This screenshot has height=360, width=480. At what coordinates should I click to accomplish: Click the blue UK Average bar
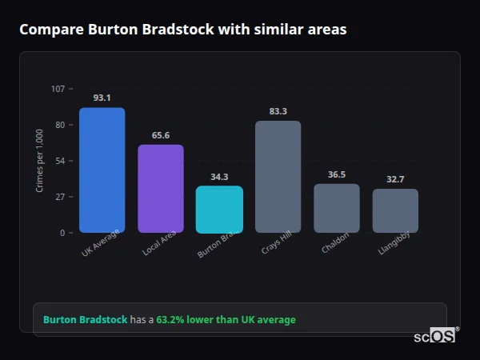point(102,170)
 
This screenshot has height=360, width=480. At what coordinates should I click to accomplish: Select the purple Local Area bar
point(161,189)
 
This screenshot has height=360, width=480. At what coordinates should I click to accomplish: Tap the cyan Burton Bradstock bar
point(219,210)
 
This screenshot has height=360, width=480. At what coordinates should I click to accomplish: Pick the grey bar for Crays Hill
point(278,177)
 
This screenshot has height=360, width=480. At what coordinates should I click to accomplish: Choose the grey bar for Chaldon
point(337,208)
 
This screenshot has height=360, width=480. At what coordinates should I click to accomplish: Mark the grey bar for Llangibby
point(395,210)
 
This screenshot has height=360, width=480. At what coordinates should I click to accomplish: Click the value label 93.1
point(102,98)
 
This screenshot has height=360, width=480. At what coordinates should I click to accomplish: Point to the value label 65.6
point(161,135)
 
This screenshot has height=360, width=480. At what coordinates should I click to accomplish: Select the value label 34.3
point(219,177)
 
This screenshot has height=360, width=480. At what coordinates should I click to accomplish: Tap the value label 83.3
point(278,111)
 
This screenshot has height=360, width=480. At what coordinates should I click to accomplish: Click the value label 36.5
point(337,174)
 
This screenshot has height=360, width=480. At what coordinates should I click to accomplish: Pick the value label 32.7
point(395,179)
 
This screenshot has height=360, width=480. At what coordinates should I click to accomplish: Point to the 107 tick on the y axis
point(58,89)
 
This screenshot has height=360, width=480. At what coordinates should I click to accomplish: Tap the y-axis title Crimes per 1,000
point(39,161)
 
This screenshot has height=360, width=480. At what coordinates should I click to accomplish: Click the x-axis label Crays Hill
point(276,244)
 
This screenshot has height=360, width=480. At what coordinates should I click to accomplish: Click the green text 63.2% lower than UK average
point(226,320)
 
